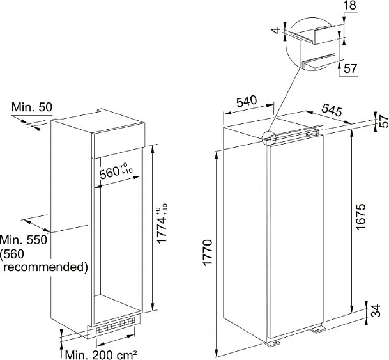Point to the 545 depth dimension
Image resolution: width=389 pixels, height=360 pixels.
point(332,111)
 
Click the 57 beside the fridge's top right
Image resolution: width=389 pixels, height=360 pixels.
point(382,121)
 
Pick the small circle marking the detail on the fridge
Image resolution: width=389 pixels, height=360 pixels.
point(270,137)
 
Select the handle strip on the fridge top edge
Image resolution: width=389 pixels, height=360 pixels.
point(300,135)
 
